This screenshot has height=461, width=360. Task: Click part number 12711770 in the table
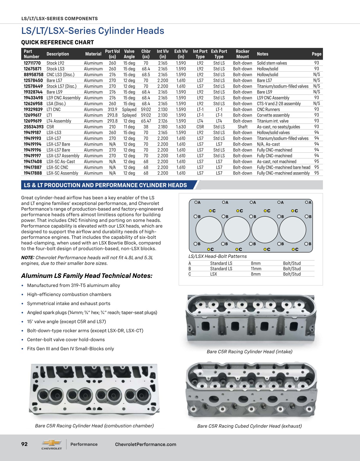(32, 63)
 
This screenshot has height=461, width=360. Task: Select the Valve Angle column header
(129, 54)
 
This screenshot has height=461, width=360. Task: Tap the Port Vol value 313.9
(112, 110)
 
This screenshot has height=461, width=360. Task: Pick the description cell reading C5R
(50, 127)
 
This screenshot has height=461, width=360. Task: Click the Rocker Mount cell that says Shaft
(242, 127)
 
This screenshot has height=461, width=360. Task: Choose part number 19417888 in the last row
(33, 173)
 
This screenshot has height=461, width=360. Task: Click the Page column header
(316, 54)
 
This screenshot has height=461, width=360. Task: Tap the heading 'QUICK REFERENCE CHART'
(57, 42)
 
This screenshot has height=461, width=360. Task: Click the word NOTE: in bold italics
(28, 258)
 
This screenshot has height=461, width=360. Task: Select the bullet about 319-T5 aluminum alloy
(74, 285)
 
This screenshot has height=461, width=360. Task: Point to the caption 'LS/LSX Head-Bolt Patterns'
(217, 256)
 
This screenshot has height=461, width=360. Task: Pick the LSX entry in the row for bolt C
(214, 274)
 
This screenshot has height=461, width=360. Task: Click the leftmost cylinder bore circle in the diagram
(209, 230)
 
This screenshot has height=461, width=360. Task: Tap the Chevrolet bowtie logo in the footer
(52, 443)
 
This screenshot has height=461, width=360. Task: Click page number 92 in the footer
(24, 444)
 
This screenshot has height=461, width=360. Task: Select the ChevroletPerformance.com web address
(146, 445)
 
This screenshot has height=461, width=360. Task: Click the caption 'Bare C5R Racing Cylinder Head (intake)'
(249, 352)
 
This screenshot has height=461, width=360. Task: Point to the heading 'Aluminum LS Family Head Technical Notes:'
(87, 276)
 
